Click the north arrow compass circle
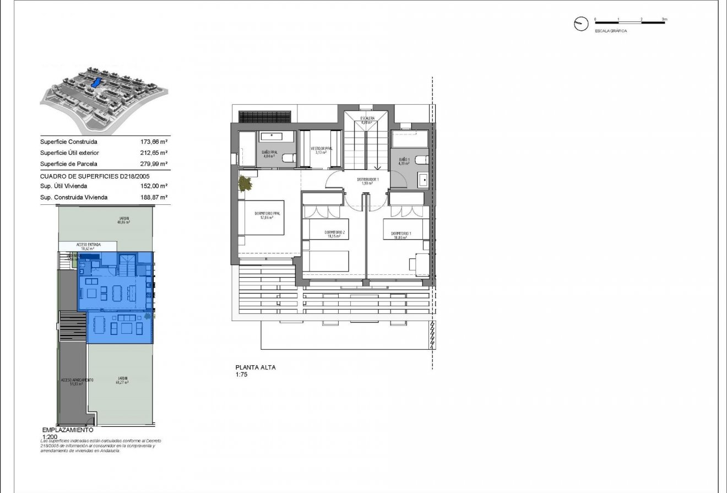[580, 24]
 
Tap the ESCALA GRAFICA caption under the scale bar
[611, 31]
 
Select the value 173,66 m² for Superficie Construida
[154, 142]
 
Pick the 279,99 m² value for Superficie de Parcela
[154, 164]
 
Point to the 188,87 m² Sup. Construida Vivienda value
[154, 197]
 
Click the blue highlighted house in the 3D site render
[96, 82]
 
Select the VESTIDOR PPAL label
[322, 149]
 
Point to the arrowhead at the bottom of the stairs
[378, 168]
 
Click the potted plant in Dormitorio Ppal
[245, 183]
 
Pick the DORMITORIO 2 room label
[334, 233]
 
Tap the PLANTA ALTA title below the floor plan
[256, 367]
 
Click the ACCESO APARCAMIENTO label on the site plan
[77, 380]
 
